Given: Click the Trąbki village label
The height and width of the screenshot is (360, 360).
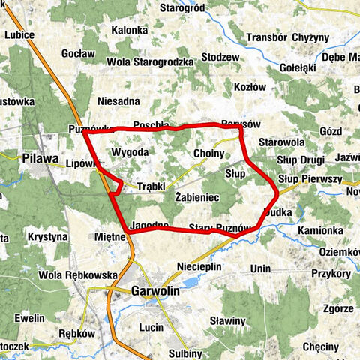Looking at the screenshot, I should (151, 187).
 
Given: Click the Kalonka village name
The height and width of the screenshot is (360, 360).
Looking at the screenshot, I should (129, 31).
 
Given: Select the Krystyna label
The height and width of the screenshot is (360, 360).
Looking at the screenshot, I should (46, 237).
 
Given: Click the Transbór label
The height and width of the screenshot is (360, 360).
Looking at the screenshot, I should (267, 37).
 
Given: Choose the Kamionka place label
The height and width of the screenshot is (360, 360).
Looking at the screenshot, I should (320, 229).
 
